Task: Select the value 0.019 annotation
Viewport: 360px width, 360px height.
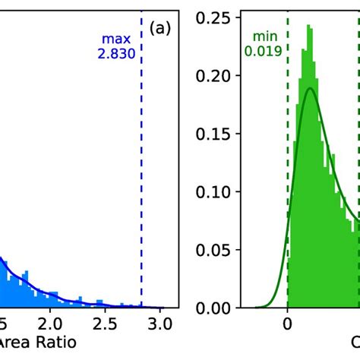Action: click(263, 52)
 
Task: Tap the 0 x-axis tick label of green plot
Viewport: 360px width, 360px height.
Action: click(288, 324)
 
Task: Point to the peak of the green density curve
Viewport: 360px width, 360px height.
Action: click(309, 89)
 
